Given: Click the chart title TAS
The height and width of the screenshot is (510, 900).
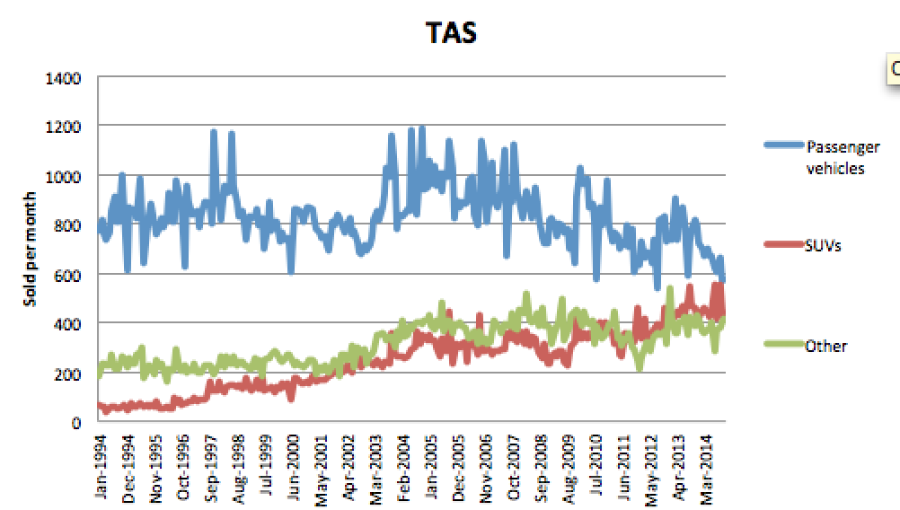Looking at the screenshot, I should click(450, 33).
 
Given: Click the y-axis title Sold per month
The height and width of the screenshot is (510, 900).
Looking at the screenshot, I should click(29, 249).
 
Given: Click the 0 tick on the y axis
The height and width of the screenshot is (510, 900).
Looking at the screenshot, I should click(77, 421).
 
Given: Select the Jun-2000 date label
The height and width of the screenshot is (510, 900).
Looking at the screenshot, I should click(294, 468).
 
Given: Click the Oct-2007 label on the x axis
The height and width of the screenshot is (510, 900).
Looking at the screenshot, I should click(512, 468).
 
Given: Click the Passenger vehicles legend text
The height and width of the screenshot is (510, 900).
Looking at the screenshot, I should click(843, 157).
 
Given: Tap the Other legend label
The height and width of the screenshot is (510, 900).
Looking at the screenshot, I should click(826, 346).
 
